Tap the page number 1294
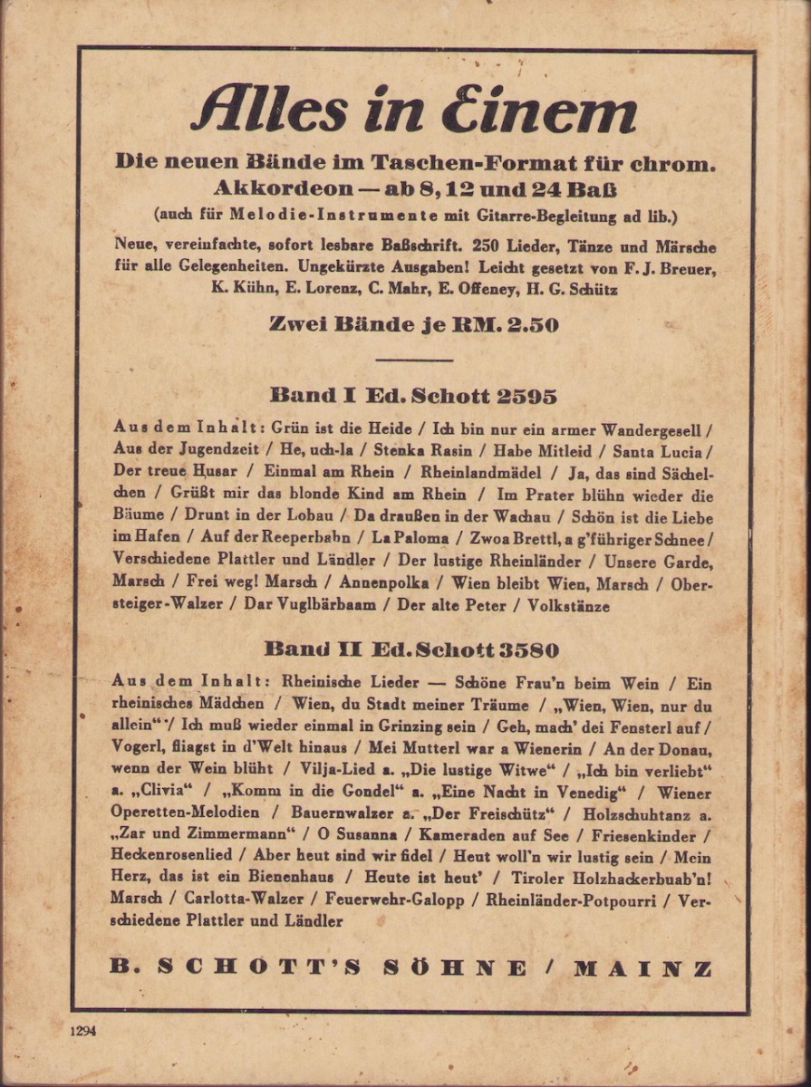click(x=82, y=1031)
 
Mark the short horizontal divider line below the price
click(x=413, y=360)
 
